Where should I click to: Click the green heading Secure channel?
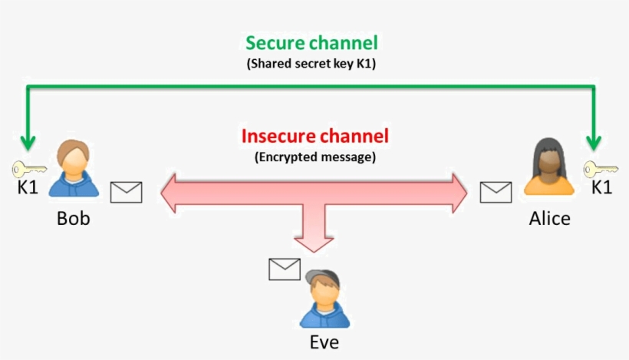pos(311,43)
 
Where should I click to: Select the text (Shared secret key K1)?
pos(311,64)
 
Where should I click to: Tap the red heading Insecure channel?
pos(315,137)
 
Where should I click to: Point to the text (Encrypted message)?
pos(314,157)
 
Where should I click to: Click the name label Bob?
pos(74,218)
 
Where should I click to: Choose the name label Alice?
pos(549,218)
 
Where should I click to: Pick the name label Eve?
pos(324,342)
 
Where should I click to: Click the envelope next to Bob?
pos(126,192)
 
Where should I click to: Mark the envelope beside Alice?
pos(496,192)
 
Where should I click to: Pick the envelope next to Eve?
pos(285,269)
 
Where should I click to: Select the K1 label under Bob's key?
pos(28,187)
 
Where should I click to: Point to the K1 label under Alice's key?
pos(601,187)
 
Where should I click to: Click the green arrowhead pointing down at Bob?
pos(28,142)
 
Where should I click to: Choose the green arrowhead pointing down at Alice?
pos(594,142)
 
